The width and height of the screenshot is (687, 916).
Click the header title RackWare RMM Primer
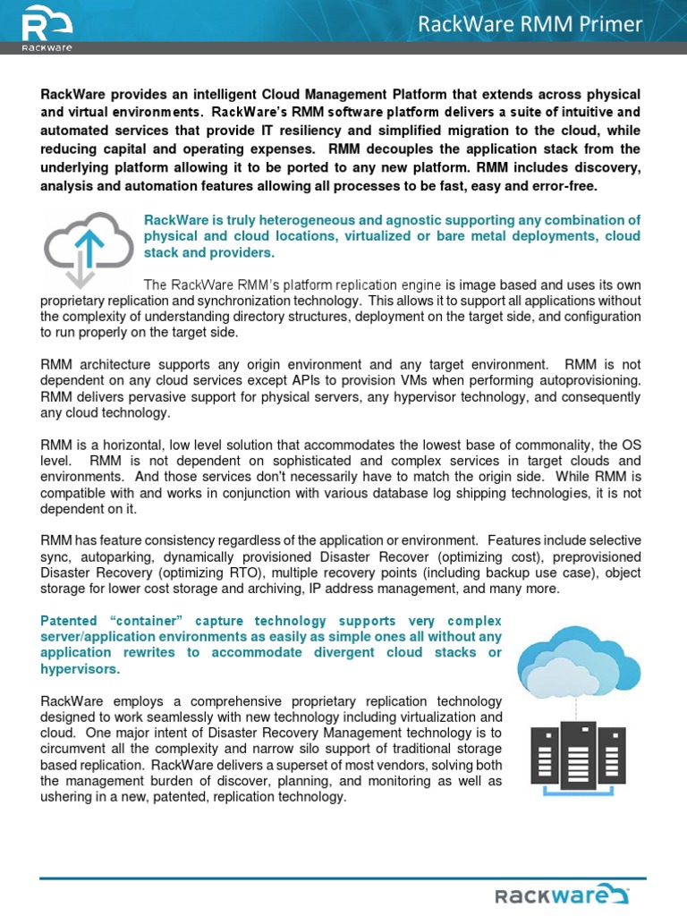click(x=530, y=25)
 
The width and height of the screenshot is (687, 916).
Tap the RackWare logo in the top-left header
click(x=47, y=27)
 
